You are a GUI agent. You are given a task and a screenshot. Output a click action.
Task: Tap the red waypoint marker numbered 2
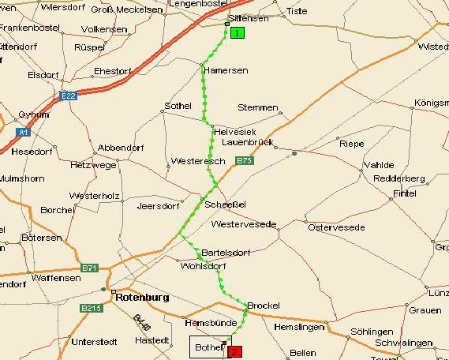234,351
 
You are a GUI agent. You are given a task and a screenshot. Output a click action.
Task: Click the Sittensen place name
248,17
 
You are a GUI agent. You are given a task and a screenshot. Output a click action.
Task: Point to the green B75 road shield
245,160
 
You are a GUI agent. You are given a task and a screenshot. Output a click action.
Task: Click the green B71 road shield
90,268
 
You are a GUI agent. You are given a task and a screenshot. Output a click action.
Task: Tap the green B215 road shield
91,308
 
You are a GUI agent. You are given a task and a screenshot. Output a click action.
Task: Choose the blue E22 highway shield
68,96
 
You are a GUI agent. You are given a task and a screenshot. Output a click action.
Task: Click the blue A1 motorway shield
23,132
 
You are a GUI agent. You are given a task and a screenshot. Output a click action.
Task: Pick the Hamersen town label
226,70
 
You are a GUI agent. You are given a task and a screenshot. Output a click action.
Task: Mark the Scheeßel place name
226,204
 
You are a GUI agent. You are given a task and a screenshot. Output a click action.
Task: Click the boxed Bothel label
209,347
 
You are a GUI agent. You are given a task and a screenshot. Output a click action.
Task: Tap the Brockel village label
264,305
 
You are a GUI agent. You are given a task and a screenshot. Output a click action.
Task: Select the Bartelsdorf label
226,253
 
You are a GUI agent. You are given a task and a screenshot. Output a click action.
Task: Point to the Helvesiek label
234,131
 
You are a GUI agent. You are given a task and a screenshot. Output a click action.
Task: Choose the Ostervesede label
336,227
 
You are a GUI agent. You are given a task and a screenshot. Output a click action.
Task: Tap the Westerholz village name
94,195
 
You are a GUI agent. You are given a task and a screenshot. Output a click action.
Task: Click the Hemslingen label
299,326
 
